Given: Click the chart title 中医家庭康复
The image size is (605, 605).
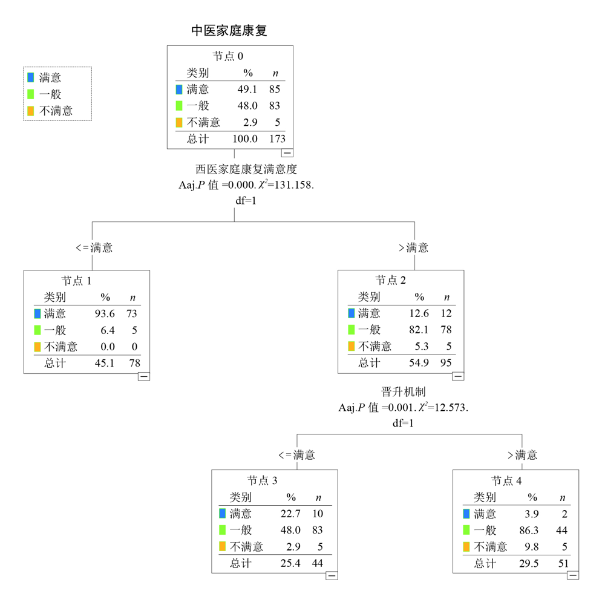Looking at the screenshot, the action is tap(229, 30).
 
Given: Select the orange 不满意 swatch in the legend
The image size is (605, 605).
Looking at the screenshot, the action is tap(31, 111).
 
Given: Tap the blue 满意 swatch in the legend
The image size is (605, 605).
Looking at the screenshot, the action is tap(31, 77).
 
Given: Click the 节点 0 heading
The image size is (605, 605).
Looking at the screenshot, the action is tap(228, 56).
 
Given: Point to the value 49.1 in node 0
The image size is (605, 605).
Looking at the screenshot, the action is tap(247, 89).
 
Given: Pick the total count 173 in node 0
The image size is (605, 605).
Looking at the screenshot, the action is tap(278, 139).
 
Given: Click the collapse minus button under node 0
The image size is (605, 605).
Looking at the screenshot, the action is tap(287, 153).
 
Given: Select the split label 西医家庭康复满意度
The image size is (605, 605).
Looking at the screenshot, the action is tap(246, 169).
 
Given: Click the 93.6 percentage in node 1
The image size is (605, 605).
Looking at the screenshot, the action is tap(105, 313).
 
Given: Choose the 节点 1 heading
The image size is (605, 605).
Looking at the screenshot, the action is tap(76, 281).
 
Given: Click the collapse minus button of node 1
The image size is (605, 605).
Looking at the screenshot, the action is tap(143, 376).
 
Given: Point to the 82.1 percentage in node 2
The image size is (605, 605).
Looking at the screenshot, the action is tap(419, 330).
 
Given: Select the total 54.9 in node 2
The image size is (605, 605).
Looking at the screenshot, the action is tap(419, 362).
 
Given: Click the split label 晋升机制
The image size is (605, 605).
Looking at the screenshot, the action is tap(403, 392).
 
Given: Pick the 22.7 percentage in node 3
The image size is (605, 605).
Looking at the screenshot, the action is tap(290, 514).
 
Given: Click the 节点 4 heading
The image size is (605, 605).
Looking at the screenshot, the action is tap(506, 481).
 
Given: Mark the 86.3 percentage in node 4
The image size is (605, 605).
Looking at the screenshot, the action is tap(529, 531).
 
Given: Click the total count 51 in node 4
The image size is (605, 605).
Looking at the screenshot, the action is tap(563, 564).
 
